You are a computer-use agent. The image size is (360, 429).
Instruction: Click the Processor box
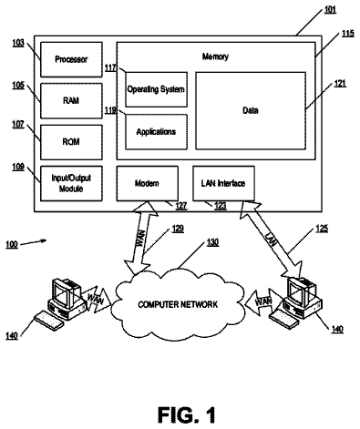click(71, 59)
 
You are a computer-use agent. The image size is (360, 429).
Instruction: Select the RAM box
click(71, 101)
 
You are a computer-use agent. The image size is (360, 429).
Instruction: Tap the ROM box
click(71, 142)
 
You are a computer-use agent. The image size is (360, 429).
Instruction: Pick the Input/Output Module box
click(71, 183)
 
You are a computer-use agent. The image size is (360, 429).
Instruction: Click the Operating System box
click(156, 89)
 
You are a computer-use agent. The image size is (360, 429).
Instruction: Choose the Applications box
click(156, 132)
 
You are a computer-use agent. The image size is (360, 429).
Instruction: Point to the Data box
click(251, 110)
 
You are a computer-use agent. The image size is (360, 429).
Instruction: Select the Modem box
click(148, 183)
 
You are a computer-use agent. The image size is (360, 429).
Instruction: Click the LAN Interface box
click(223, 183)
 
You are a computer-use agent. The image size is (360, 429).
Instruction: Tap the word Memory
click(215, 56)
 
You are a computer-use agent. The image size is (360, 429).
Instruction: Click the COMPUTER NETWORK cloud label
click(178, 304)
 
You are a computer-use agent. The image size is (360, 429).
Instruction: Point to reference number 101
click(330, 10)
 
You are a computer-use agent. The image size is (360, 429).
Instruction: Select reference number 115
click(348, 33)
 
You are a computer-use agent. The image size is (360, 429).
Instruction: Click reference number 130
click(212, 242)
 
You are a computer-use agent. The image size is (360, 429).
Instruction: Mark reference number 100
click(12, 244)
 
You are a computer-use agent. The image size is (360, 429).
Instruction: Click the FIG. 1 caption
click(187, 414)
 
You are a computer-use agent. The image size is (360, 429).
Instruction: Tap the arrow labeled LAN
click(271, 240)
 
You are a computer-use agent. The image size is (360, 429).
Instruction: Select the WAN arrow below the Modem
click(141, 238)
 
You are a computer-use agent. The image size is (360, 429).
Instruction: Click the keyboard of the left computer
click(48, 321)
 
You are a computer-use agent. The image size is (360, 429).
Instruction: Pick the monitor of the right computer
click(299, 291)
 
